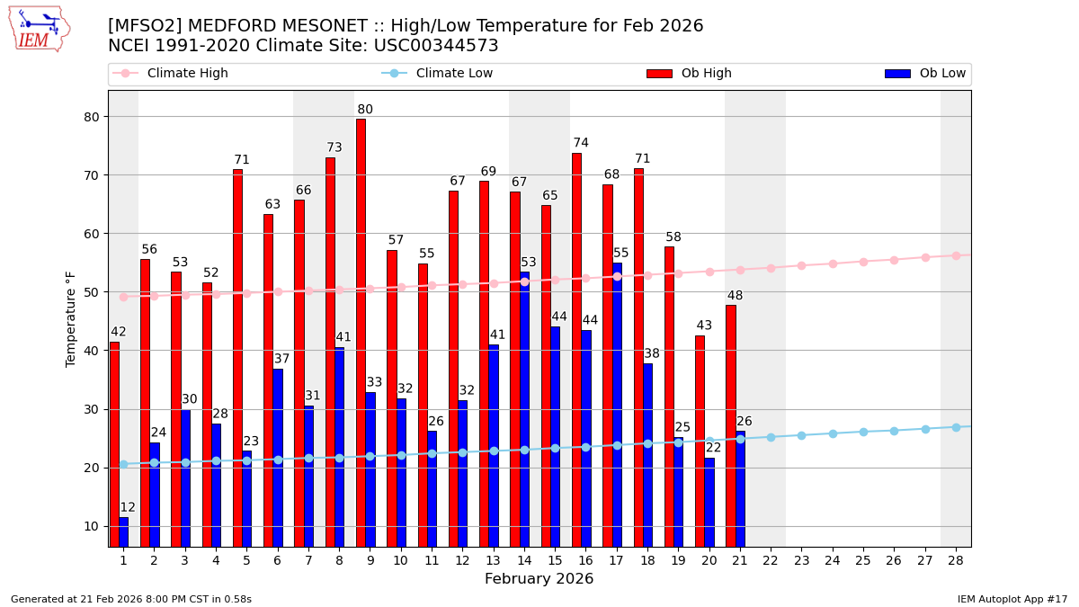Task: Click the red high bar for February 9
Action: pos(361,333)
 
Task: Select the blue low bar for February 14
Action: pos(524,409)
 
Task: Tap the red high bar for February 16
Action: pos(576,350)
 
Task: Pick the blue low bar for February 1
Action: pos(123,531)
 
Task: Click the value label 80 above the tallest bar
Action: pos(365,110)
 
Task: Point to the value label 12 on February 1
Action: pos(128,507)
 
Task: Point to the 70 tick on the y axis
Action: pos(92,174)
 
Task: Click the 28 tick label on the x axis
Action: pos(956,560)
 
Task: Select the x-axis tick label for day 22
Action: pos(771,560)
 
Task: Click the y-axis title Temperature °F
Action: pos(71,318)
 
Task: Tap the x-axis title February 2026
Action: pos(539,579)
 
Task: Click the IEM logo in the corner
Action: pos(40,29)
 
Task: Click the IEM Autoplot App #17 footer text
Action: pos(1012,599)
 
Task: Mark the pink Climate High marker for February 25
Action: pos(863,262)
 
